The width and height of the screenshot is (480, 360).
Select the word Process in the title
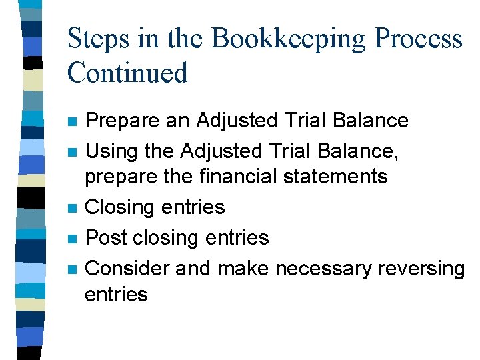(x=419, y=38)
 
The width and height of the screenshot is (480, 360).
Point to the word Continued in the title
(x=127, y=72)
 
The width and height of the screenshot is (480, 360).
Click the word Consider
(x=129, y=268)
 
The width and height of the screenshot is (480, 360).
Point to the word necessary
(x=324, y=268)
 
